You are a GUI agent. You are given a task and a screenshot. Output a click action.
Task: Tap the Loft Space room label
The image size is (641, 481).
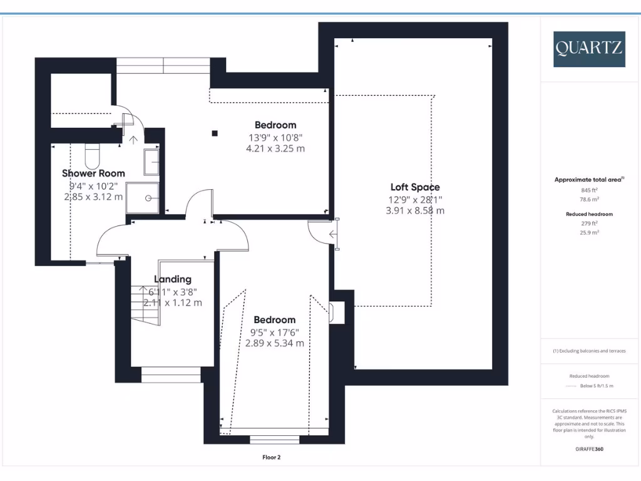415,187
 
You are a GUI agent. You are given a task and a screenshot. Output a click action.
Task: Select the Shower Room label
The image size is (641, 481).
93,173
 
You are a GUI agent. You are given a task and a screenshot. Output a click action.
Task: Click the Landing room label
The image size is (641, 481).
173,279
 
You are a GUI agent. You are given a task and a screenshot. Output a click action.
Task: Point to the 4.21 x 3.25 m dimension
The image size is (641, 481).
275,148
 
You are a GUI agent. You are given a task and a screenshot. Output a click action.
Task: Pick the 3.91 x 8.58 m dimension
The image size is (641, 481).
415,210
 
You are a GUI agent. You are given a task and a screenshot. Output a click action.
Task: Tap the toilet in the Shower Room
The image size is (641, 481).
93,152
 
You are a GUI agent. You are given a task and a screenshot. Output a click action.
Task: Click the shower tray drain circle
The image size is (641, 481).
149,198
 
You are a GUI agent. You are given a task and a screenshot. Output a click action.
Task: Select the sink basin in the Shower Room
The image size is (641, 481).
151,162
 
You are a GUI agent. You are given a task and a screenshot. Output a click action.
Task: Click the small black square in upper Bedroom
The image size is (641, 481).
215,133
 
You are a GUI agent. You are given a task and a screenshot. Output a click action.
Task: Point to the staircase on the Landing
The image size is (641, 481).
145,305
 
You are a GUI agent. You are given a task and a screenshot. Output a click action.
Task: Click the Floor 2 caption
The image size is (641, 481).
271,458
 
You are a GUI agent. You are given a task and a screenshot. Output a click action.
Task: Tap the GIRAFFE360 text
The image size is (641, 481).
588,449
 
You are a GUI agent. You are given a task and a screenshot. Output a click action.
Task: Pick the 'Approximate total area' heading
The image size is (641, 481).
588,180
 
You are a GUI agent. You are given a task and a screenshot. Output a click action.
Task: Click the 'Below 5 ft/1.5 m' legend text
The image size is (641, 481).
597,386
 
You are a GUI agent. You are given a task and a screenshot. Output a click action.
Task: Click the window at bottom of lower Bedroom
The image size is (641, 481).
274,439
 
